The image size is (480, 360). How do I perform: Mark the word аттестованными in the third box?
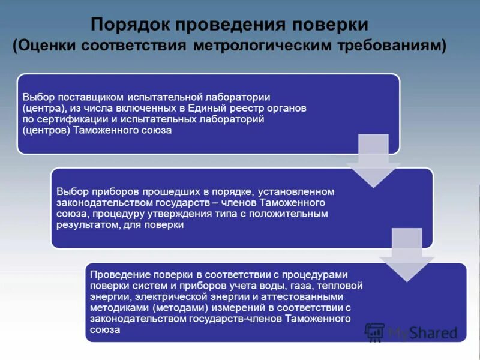pyautogui.click(x=305, y=297)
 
